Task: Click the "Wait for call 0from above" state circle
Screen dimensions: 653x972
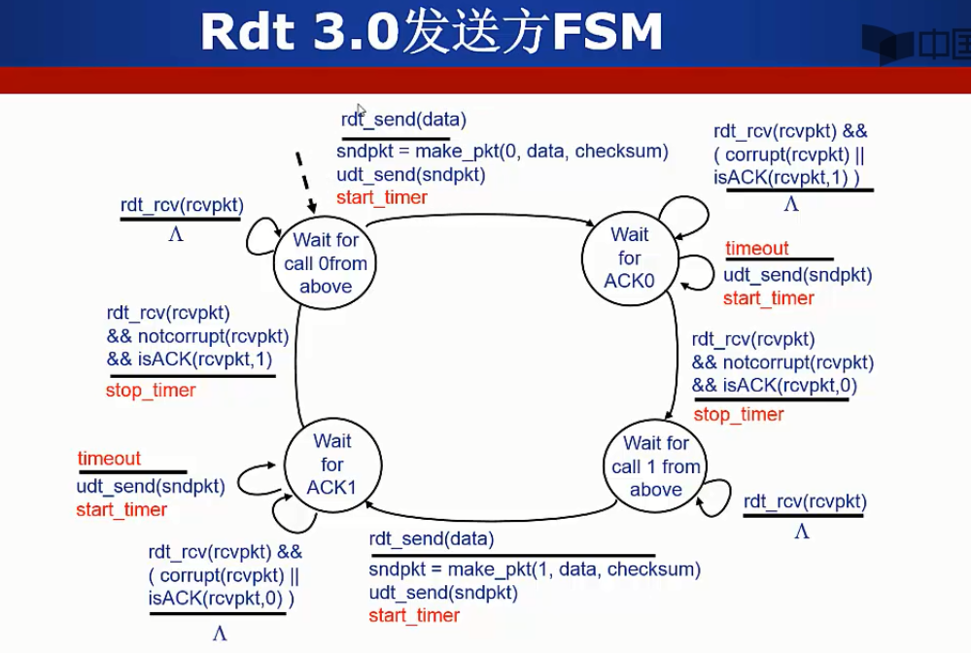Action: (326, 262)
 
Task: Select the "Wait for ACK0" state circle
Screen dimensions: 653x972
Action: (630, 258)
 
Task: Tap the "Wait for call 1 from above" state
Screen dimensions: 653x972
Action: (656, 466)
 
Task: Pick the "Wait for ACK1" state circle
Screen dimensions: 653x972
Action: (331, 464)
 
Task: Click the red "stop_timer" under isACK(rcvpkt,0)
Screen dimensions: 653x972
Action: (739, 415)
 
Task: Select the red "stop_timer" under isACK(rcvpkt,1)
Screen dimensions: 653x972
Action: (151, 391)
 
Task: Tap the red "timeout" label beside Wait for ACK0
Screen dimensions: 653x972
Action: (757, 249)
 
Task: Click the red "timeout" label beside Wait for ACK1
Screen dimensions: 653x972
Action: (109, 459)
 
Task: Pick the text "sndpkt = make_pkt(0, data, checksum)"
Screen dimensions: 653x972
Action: (503, 152)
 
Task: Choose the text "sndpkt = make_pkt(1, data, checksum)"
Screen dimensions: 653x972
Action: (535, 569)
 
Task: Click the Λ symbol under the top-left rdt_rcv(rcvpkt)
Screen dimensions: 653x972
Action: (176, 234)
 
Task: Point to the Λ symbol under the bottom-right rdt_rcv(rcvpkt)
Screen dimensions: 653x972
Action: (801, 532)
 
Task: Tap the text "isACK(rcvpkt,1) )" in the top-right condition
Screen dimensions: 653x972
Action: (786, 178)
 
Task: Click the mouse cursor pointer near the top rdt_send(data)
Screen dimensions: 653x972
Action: (361, 111)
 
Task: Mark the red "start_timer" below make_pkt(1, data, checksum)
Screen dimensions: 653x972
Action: (414, 616)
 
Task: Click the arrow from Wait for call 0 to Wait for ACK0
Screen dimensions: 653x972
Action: (481, 217)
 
